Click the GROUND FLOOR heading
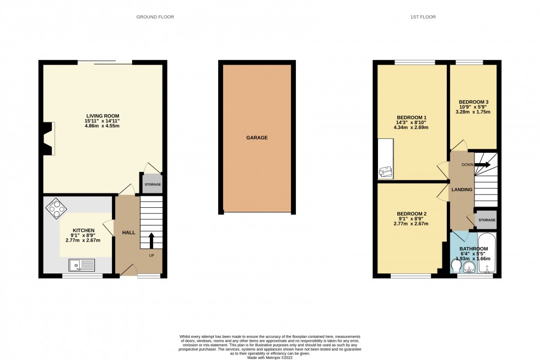(x=155, y=17)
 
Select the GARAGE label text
(x=257, y=138)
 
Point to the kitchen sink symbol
(x=82, y=265)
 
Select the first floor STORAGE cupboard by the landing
(x=487, y=220)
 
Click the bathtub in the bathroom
(x=488, y=254)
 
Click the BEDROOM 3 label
(x=473, y=102)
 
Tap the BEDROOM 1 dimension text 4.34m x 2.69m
(x=411, y=127)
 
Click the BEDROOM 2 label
(x=412, y=213)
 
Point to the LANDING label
(x=462, y=190)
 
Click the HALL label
(x=128, y=233)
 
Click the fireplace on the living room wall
(x=47, y=138)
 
